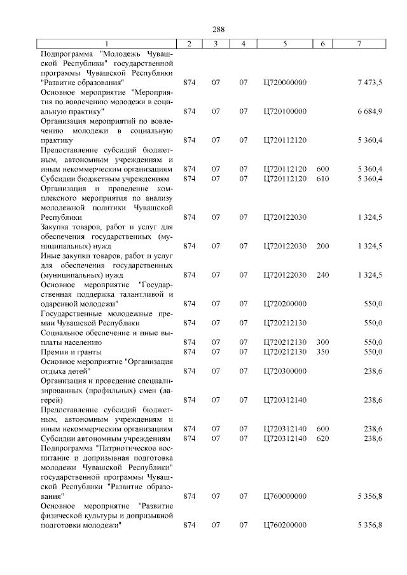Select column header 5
coord(285,43)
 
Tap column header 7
coord(360,43)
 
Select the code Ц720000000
coord(284,83)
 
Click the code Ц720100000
coord(284,111)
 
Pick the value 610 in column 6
coord(322,179)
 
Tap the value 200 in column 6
coord(322,246)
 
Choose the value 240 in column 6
coord(322,274)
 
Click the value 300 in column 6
coord(322,342)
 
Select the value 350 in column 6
coord(322,351)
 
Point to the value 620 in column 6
coord(322,438)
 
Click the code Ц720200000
coord(284,304)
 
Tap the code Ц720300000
coord(284,371)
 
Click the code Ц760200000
coord(284,525)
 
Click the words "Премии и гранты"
coord(71,351)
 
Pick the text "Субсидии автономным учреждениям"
coord(106,438)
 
